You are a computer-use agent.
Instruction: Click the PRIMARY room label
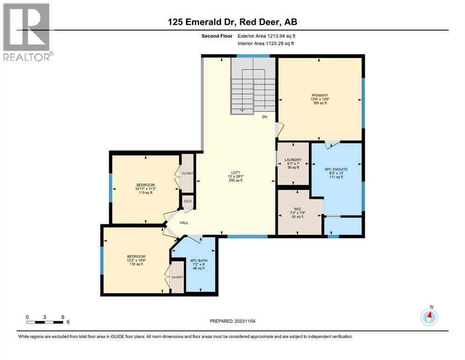[320, 95]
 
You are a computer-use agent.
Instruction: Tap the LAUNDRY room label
[293, 160]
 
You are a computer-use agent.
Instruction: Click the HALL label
[184, 223]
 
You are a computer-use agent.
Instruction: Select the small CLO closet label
[188, 201]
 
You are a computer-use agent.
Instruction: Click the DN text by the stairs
[265, 117]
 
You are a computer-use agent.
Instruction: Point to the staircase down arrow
[242, 110]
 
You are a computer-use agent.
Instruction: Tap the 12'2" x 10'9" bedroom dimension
[136, 260]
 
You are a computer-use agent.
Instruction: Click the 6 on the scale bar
[62, 317]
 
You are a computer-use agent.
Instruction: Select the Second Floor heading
[217, 36]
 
